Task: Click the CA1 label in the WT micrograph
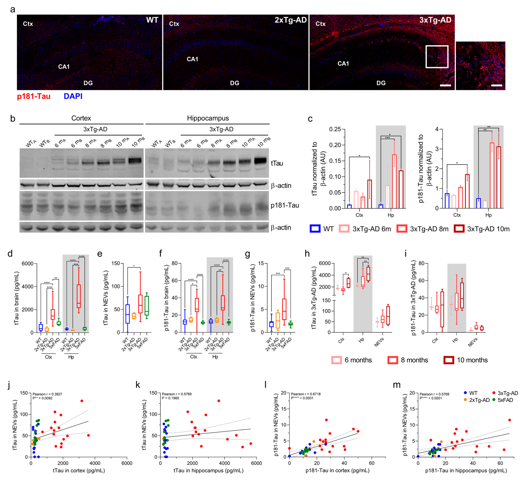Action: [64, 67]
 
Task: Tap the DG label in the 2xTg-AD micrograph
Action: [234, 83]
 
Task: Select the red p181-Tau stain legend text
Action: [34, 96]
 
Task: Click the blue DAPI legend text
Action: [73, 96]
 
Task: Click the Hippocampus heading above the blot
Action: [208, 118]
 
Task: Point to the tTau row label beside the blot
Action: [277, 163]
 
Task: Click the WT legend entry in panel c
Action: [322, 229]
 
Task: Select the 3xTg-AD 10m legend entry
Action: [482, 229]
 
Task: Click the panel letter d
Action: [10, 253]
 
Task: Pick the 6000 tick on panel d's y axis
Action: [28, 264]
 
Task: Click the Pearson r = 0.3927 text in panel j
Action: [47, 394]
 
